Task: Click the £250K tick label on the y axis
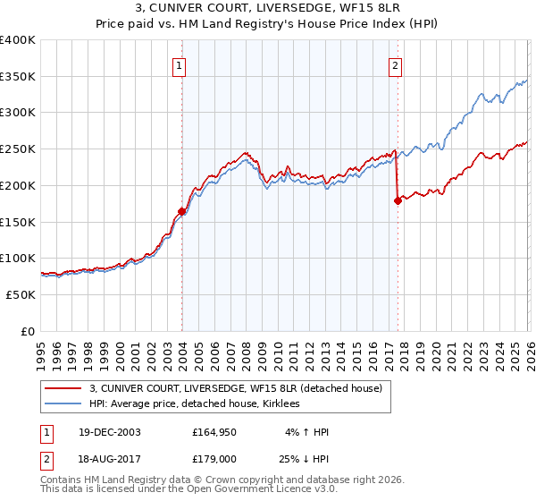click(17, 149)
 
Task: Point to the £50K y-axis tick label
click(21, 294)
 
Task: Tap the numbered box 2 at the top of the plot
click(395, 65)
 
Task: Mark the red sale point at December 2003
click(181, 212)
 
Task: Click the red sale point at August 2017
click(398, 201)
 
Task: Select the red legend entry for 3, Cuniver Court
click(236, 388)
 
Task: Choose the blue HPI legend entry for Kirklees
click(194, 404)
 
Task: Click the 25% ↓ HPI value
click(306, 460)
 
